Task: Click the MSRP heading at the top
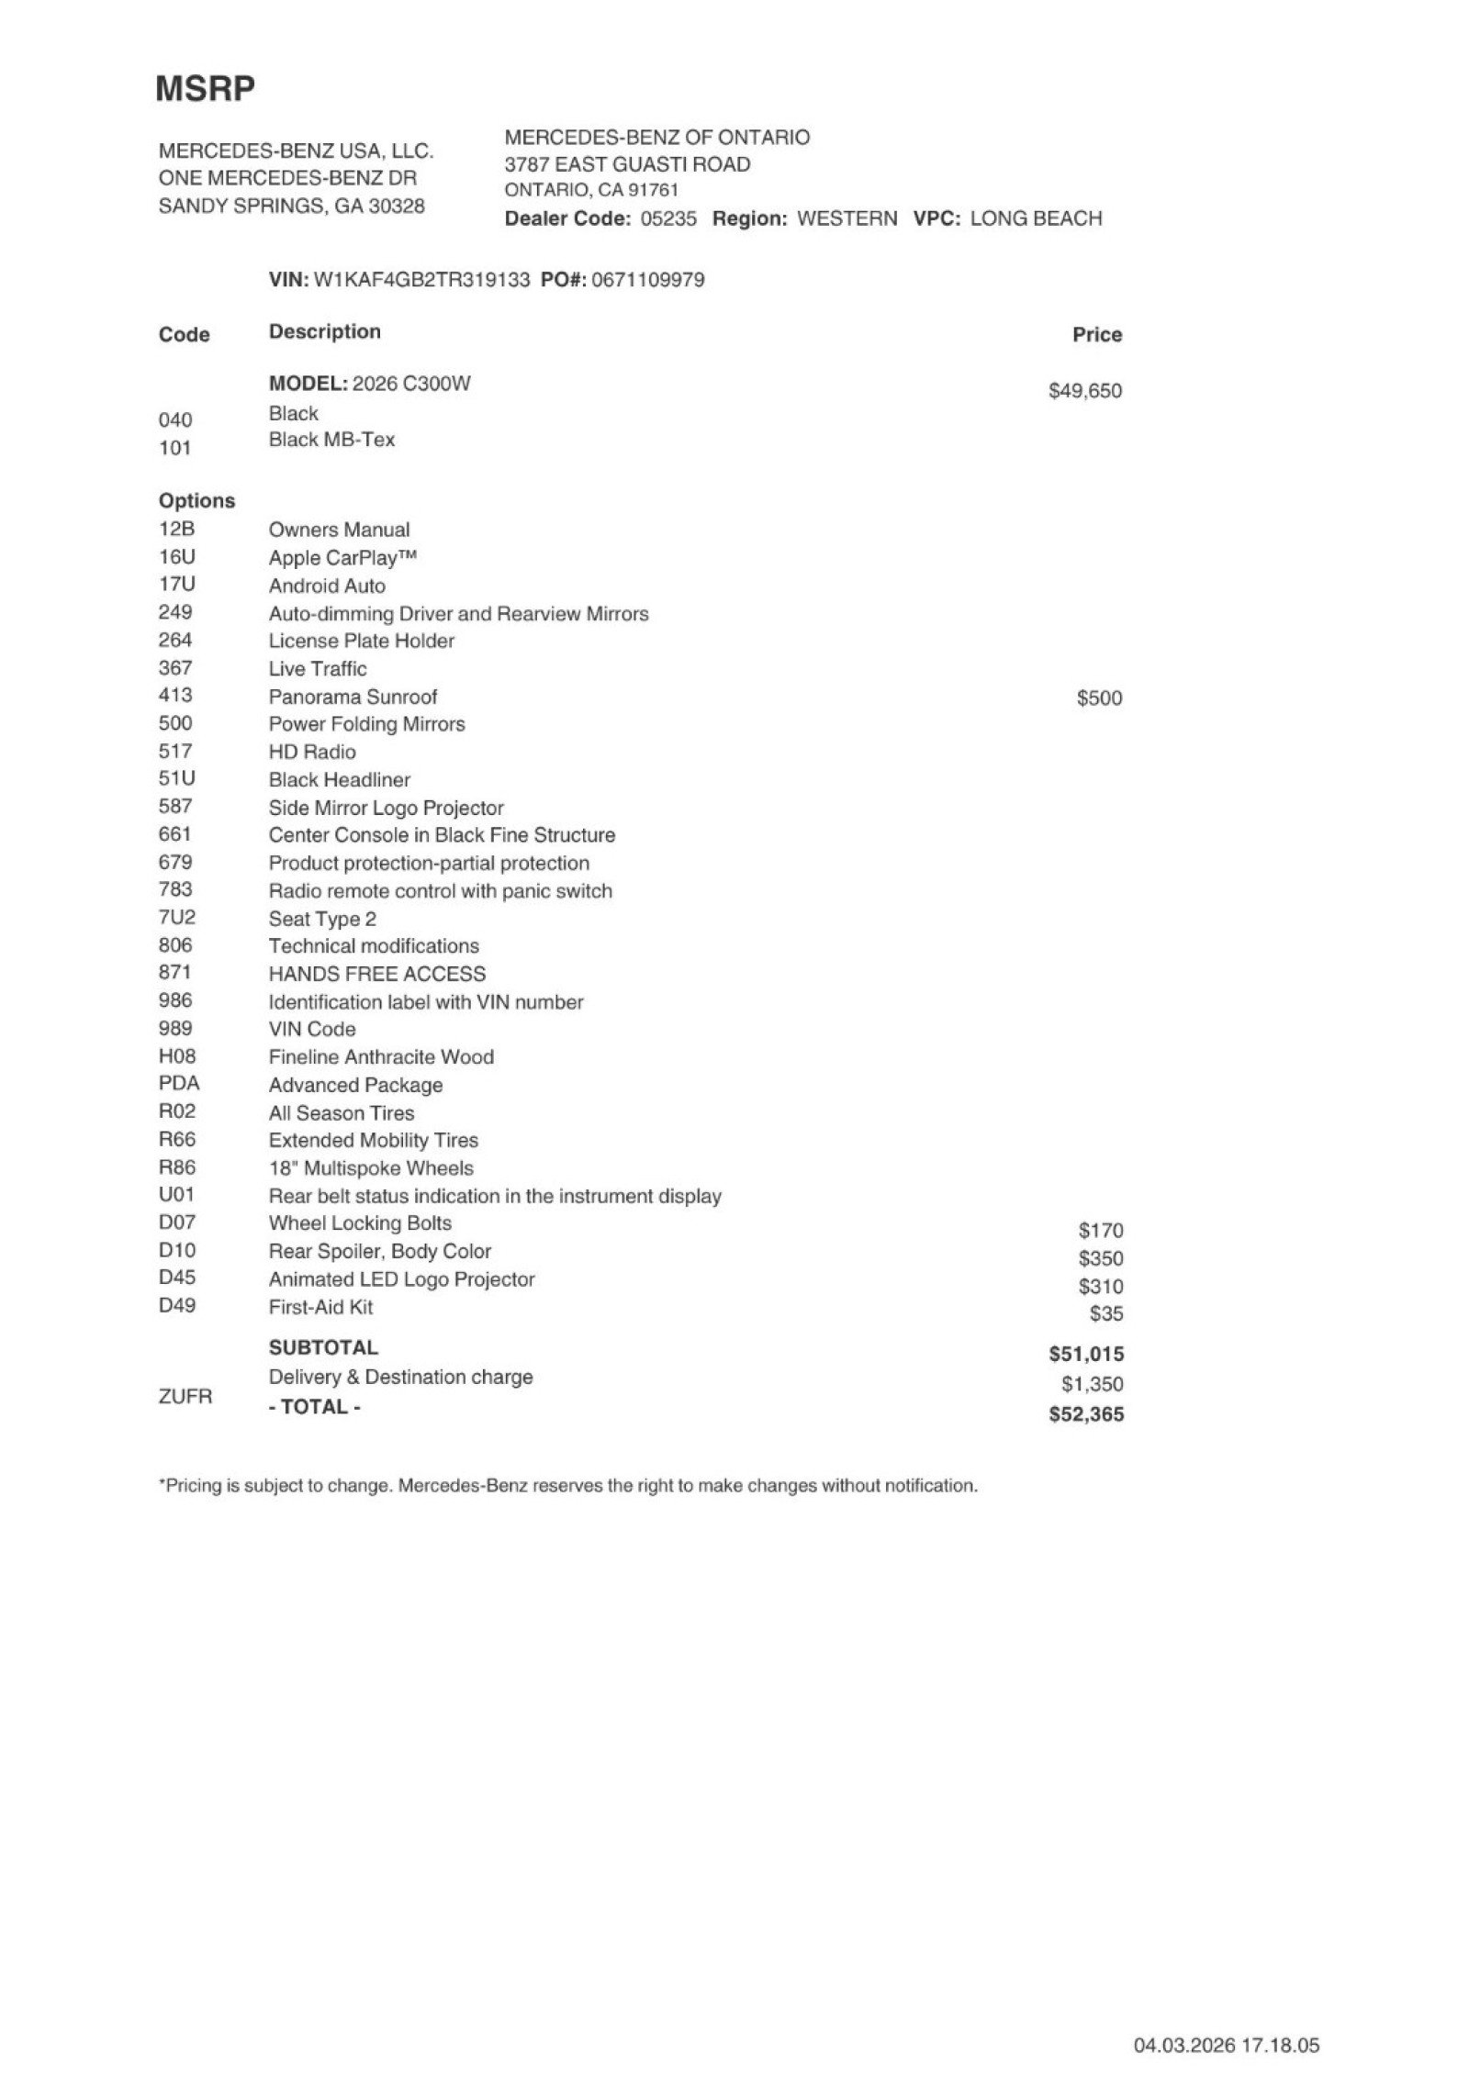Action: [x=205, y=88]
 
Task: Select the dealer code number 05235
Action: [x=668, y=218]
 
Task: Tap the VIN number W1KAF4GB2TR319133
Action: [x=421, y=280]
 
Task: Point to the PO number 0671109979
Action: [x=648, y=280]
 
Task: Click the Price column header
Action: [x=1096, y=335]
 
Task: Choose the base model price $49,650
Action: [x=1084, y=391]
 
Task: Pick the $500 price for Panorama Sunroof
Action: [x=1099, y=698]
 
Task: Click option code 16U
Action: [x=176, y=557]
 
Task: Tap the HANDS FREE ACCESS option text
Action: [x=376, y=974]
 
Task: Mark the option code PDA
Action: [x=179, y=1084]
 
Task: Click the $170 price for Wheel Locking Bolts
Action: [x=1100, y=1231]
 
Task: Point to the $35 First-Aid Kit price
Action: [x=1105, y=1314]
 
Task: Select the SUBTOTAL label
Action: [x=323, y=1348]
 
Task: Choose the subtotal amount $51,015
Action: [x=1085, y=1355]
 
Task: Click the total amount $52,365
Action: [x=1085, y=1414]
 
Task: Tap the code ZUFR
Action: [x=185, y=1397]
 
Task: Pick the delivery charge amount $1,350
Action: [x=1092, y=1384]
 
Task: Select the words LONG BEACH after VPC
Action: [x=1035, y=218]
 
